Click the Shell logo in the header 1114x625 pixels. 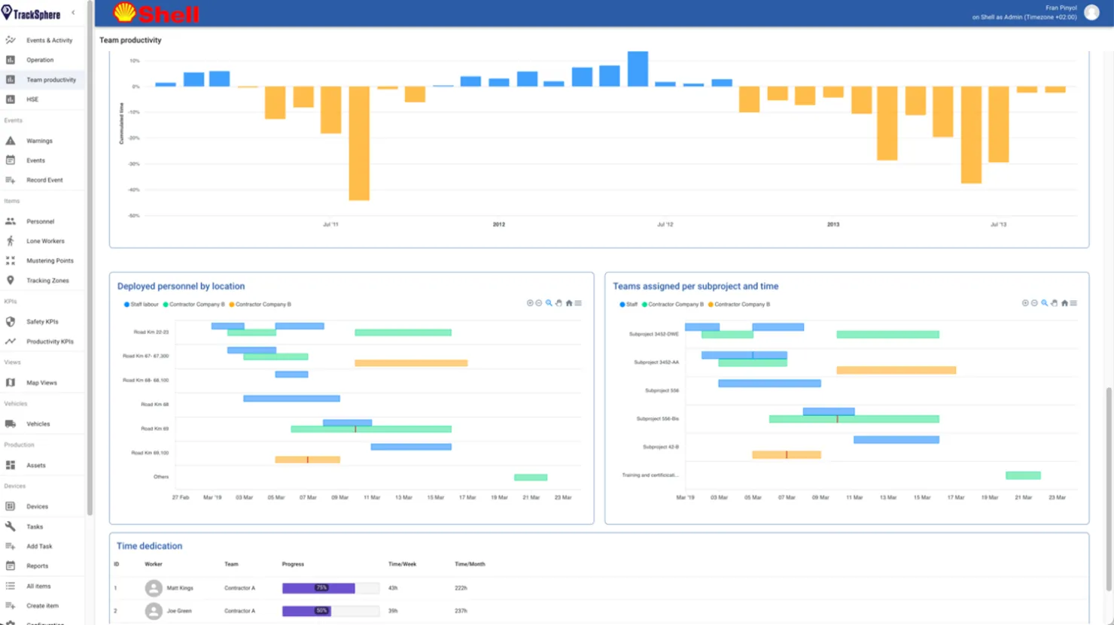[x=156, y=13]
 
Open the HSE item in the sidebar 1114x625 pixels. [x=32, y=99]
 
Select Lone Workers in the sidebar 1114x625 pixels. [x=45, y=241]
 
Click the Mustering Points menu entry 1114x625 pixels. [x=50, y=261]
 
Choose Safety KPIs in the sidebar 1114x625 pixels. [x=42, y=322]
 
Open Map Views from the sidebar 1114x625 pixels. [x=41, y=383]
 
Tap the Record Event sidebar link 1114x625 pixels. [x=44, y=181]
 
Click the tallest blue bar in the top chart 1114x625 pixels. [x=638, y=69]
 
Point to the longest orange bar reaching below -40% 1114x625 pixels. [x=359, y=143]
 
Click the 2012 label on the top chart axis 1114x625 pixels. [x=499, y=224]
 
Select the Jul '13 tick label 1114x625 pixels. [x=998, y=224]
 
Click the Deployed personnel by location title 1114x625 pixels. [x=181, y=287]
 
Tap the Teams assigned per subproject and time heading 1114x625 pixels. [x=695, y=287]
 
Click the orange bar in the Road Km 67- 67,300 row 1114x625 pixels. [x=411, y=363]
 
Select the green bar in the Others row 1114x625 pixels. [x=531, y=478]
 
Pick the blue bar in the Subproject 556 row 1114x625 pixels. [x=769, y=384]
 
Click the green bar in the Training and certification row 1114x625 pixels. [x=1023, y=475]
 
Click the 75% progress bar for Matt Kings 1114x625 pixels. [x=318, y=588]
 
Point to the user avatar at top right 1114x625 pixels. [x=1091, y=13]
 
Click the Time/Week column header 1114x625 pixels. [x=402, y=564]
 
